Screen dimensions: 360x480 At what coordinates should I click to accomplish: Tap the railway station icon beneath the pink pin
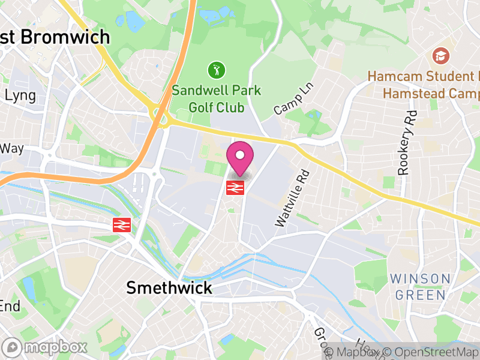(234, 188)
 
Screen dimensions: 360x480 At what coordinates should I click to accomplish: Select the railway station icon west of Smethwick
(122, 225)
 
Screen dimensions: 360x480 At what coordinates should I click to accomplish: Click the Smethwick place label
(169, 288)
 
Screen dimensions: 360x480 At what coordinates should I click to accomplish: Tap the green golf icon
(215, 70)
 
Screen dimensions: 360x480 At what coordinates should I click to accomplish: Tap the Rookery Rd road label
(406, 143)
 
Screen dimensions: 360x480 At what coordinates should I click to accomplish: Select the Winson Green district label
(420, 287)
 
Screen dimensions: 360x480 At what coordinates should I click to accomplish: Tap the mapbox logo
(45, 347)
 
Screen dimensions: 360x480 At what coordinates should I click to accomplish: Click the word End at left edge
(10, 306)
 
